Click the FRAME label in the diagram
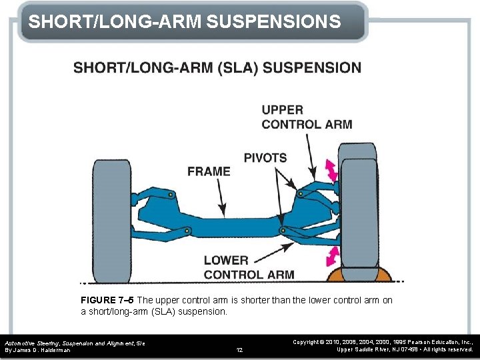click(x=209, y=171)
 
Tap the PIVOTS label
click(x=265, y=158)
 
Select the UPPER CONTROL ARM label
click(x=307, y=117)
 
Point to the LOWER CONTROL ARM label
click(x=249, y=267)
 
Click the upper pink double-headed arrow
click(x=330, y=170)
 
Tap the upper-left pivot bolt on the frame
click(x=171, y=195)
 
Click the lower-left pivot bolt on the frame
click(x=187, y=231)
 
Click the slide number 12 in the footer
click(x=240, y=349)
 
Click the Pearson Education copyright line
click(x=383, y=341)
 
